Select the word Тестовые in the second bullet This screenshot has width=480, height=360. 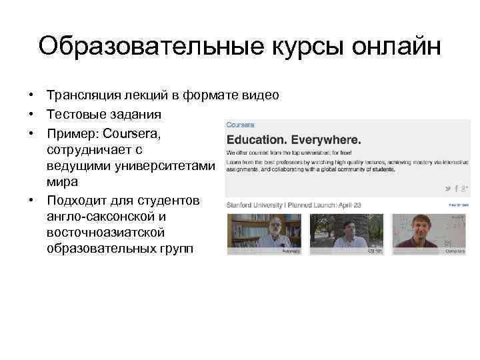tap(74, 115)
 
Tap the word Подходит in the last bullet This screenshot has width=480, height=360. tap(78, 201)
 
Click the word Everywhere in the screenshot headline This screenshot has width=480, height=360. tap(329, 141)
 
